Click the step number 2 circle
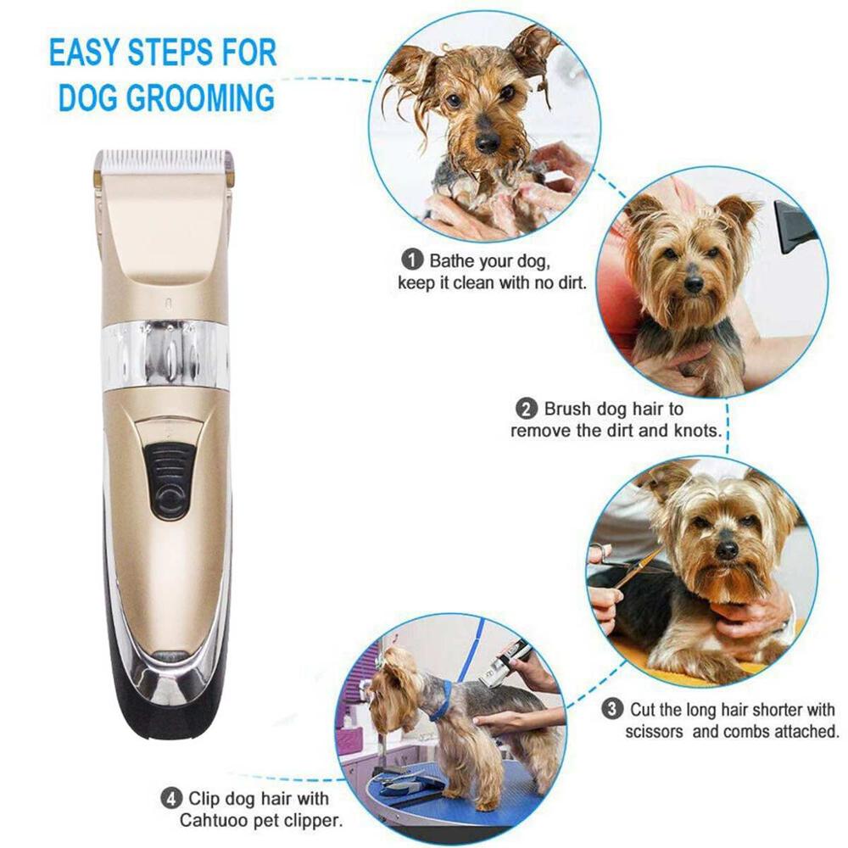pos(527,410)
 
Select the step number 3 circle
pos(612,708)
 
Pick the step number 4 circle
pos(171,799)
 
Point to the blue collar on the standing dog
pos(441,700)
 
